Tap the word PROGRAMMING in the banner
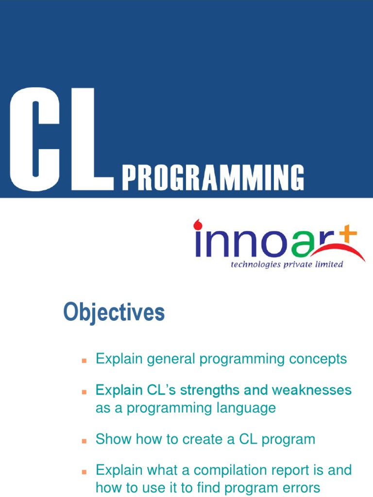click(213, 178)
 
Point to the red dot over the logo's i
click(198, 225)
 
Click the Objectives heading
click(114, 313)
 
